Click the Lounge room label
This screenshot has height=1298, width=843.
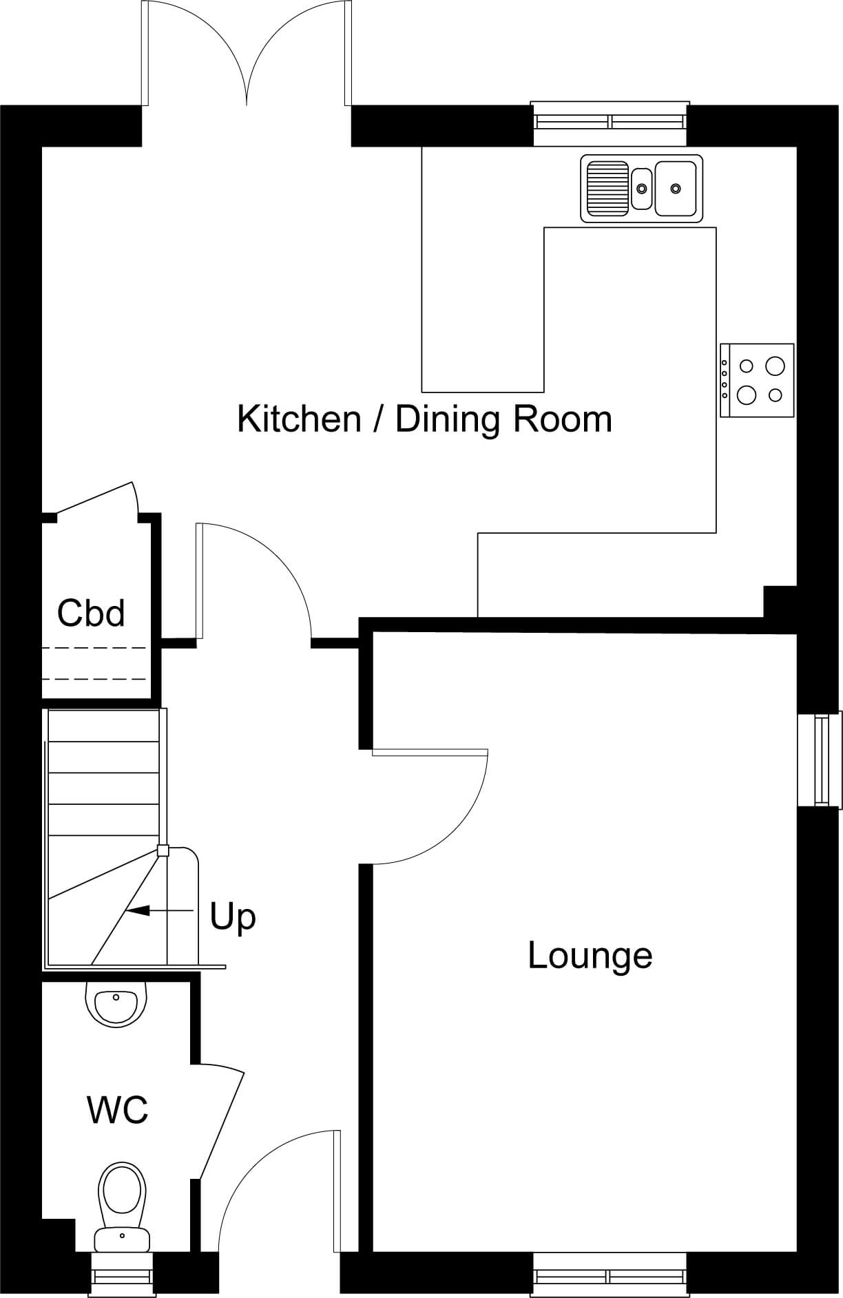[x=590, y=956]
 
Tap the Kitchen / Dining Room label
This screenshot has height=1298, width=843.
[x=425, y=419]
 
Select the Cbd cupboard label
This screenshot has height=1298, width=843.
[x=91, y=612]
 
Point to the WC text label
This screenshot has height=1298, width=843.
[x=117, y=1109]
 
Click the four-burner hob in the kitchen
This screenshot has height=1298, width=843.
[x=757, y=380]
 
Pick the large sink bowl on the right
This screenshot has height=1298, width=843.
[x=675, y=187]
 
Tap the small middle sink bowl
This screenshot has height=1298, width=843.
[x=642, y=188]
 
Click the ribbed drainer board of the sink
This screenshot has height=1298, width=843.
[x=607, y=187]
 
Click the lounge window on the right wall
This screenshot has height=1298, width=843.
[x=820, y=760]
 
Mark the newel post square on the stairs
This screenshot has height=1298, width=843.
[x=163, y=851]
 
